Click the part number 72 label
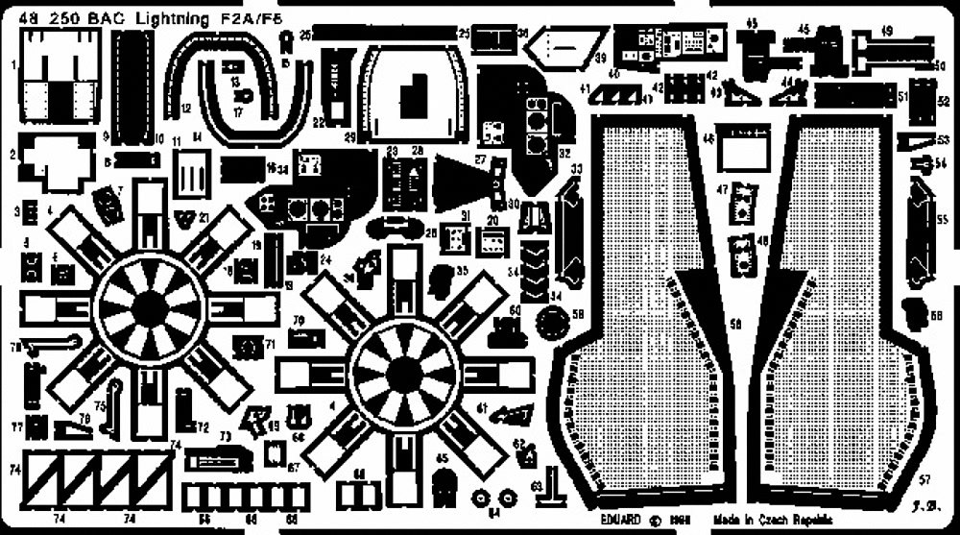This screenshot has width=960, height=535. point(203,426)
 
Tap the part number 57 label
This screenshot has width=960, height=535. point(924,478)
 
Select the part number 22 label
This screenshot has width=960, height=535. point(315,122)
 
